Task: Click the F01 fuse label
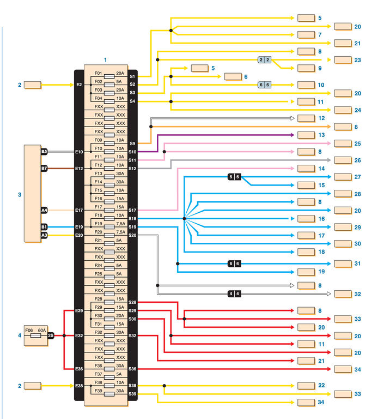click(98, 73)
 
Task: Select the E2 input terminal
click(79, 85)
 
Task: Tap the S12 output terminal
click(133, 168)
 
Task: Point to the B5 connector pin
click(45, 151)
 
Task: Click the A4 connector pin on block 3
click(44, 209)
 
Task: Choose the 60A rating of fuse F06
click(42, 330)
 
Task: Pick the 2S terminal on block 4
click(51, 335)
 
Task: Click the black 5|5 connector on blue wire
click(234, 177)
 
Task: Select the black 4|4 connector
click(234, 294)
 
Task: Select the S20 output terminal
click(133, 235)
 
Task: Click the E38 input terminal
click(79, 386)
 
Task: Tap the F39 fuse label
click(98, 391)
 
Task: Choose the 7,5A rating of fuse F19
click(120, 223)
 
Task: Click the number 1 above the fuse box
click(106, 59)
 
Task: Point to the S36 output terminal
click(133, 369)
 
